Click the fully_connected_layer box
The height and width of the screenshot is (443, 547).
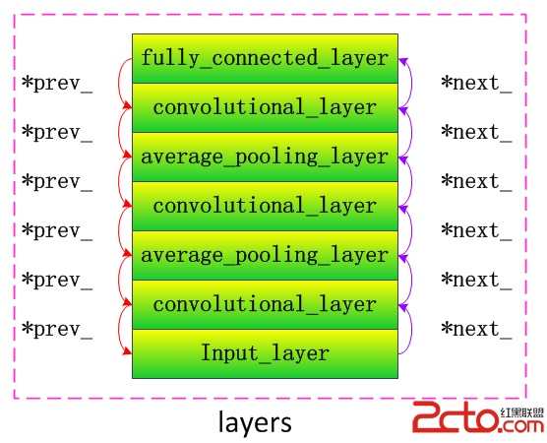(265, 58)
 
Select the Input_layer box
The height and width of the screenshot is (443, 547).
(265, 353)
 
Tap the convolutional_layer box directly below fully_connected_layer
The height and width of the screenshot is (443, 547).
(265, 107)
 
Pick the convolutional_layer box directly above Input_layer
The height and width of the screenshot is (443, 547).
(265, 304)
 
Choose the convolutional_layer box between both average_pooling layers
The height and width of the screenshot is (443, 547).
(265, 206)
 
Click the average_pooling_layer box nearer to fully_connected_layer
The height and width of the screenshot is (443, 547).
(265, 157)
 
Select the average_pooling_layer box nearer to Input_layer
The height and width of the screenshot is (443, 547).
(265, 255)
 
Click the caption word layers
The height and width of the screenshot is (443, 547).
(255, 422)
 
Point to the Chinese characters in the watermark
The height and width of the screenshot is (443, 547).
(522, 413)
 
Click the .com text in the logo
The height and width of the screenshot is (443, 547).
(521, 426)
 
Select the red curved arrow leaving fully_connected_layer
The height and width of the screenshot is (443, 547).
(119, 83)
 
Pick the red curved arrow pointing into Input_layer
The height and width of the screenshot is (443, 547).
(119, 329)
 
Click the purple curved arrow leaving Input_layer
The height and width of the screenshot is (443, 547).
(411, 329)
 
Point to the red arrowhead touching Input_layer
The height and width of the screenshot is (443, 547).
(128, 350)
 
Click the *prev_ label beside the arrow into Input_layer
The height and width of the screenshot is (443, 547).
(57, 329)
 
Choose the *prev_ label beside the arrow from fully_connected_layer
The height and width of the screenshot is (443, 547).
(57, 83)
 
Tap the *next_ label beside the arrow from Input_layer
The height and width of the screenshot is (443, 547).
(476, 329)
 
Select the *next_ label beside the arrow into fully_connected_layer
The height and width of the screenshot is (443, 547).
(476, 83)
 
